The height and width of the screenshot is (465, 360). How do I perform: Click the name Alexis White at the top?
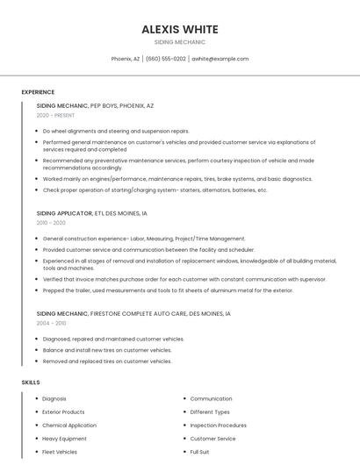(179, 29)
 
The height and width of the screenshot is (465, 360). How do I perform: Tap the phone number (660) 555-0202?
(165, 59)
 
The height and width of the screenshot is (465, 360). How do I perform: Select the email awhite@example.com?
(220, 59)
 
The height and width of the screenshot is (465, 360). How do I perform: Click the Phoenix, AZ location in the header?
(126, 59)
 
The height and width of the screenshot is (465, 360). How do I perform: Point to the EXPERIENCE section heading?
(38, 92)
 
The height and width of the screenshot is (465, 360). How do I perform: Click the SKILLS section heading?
(31, 383)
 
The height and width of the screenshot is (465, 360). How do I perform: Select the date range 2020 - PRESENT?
(55, 115)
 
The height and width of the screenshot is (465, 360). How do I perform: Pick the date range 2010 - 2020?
(51, 223)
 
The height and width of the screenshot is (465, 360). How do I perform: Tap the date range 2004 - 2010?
(51, 323)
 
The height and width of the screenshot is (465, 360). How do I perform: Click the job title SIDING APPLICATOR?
(63, 213)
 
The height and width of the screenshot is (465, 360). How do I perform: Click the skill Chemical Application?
(69, 426)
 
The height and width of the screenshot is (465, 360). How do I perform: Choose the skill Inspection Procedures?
(218, 426)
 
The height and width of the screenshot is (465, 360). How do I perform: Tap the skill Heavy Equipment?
(64, 439)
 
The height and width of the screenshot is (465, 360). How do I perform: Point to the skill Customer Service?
(212, 439)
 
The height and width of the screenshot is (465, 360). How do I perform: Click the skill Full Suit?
(199, 452)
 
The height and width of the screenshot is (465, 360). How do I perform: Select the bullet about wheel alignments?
(116, 131)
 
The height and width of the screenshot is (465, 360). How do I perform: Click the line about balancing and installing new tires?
(107, 350)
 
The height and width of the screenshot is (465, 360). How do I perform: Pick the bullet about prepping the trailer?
(168, 290)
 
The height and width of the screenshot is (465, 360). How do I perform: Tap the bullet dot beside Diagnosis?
(37, 399)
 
